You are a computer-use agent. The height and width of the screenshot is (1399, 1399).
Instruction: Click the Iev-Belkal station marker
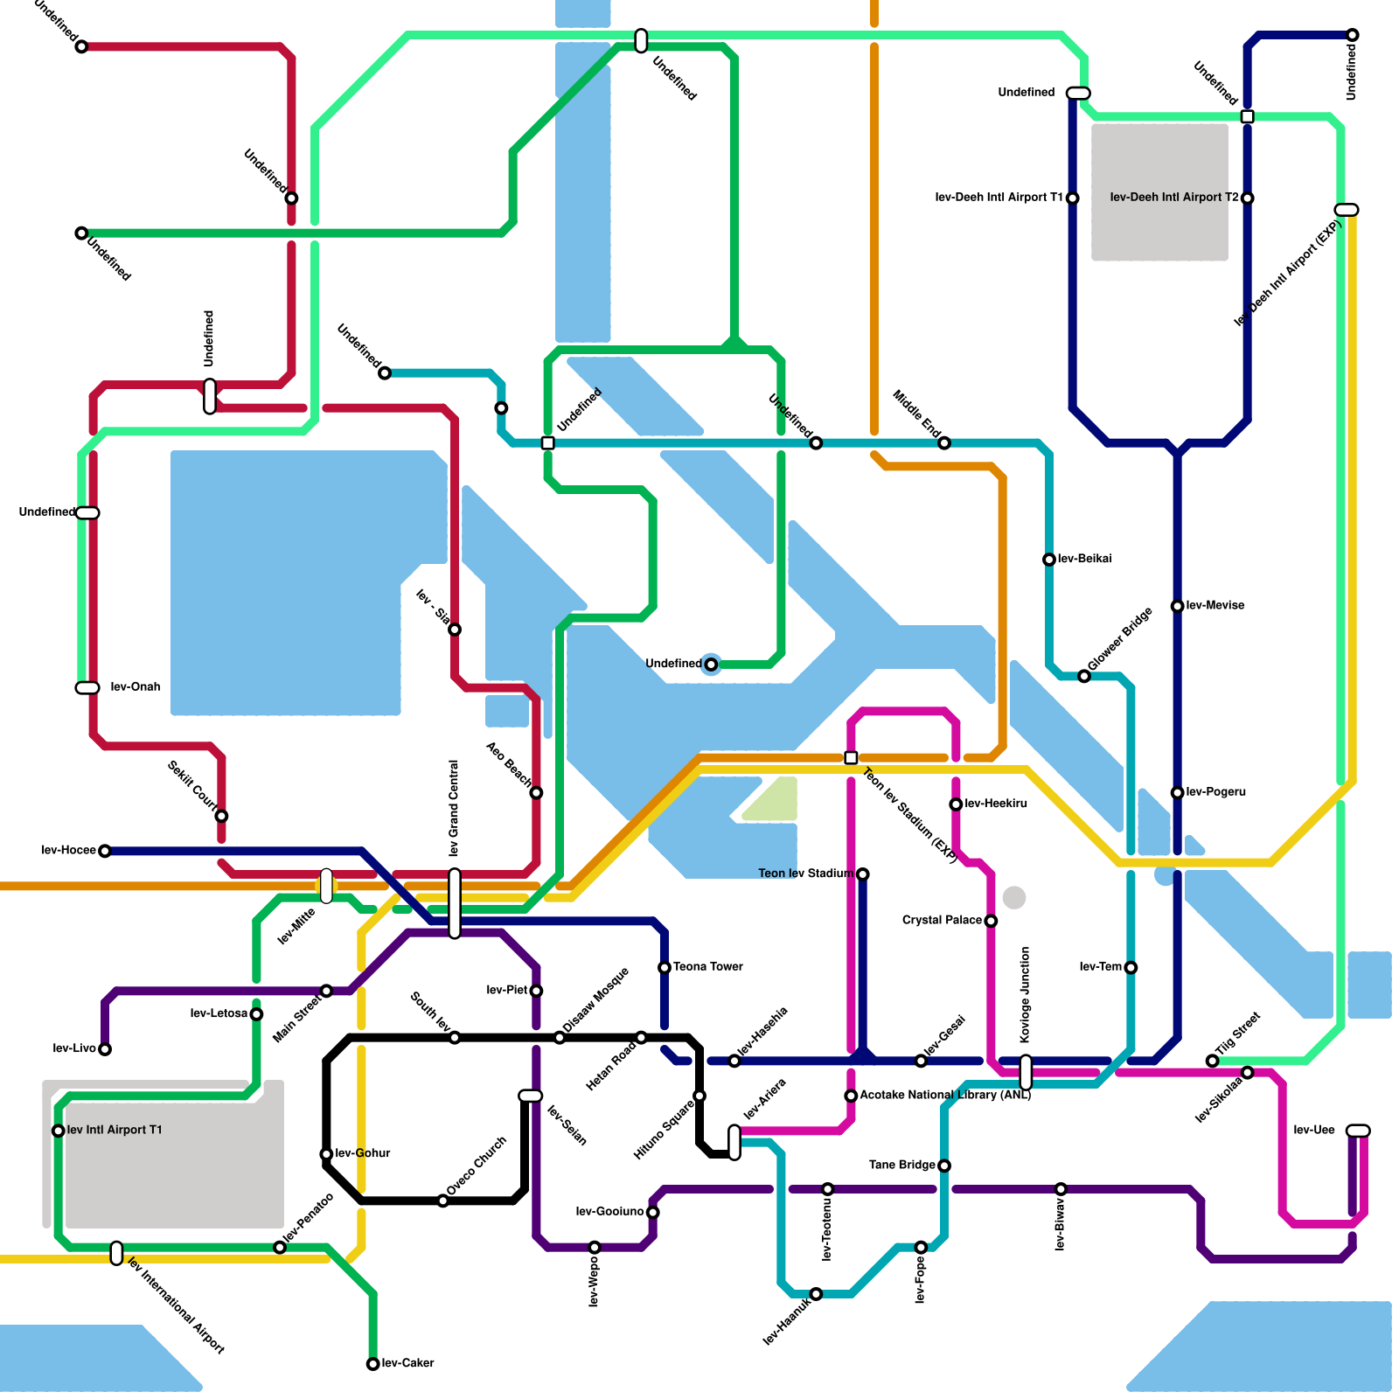[x=1049, y=560]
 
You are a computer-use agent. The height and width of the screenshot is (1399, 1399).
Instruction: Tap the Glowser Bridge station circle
[x=1084, y=676]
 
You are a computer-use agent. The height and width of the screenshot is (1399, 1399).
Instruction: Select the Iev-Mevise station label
[x=1215, y=606]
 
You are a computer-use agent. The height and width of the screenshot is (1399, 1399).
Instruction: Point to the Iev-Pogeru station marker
[x=1178, y=793]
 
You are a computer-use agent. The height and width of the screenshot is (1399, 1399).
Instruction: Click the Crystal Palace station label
[x=942, y=921]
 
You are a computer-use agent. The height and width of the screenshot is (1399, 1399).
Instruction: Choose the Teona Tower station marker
[x=665, y=968]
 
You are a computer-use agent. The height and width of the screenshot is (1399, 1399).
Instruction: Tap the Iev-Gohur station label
[x=363, y=1154]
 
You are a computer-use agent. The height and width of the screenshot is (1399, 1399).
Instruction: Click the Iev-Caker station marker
[x=373, y=1364]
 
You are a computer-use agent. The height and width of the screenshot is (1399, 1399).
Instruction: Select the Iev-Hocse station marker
[x=105, y=851]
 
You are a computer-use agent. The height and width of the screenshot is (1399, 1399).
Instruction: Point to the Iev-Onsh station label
[x=136, y=687]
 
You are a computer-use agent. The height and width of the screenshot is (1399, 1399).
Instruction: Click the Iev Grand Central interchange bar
[x=455, y=903]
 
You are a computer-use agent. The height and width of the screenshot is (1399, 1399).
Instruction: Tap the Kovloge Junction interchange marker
[x=1026, y=1073]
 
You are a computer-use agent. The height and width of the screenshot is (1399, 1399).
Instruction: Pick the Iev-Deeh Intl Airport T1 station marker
[x=1073, y=198]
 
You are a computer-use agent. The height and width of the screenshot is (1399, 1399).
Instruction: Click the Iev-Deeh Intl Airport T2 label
[x=1174, y=198]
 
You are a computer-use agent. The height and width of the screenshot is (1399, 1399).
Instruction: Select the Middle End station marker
[x=944, y=443]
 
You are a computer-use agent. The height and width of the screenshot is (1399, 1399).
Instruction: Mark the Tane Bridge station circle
[x=944, y=1166]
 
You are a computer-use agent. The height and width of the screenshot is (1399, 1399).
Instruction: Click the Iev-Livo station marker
[x=105, y=1049]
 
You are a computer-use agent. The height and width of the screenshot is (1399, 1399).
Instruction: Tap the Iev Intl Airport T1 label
[x=115, y=1131]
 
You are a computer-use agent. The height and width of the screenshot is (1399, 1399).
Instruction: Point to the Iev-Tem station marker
[x=1131, y=968]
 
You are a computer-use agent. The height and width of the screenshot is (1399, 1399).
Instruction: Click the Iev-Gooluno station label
[x=609, y=1212]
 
